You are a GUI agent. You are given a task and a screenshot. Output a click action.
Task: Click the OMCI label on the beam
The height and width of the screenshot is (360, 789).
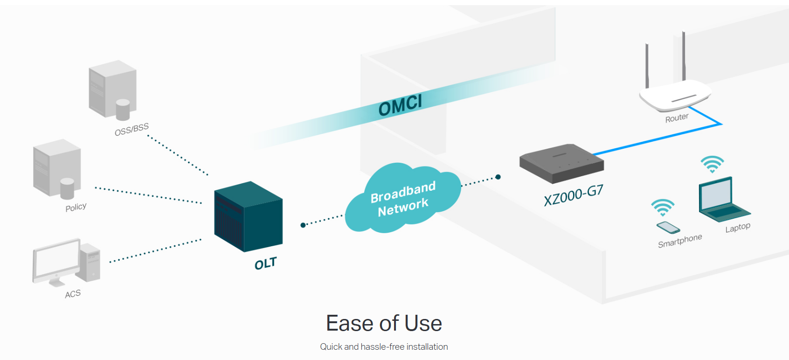[x=400, y=105]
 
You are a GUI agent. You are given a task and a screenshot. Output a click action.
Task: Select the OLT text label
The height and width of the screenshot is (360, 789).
[x=265, y=264]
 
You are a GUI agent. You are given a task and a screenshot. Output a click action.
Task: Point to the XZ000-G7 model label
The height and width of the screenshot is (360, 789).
[x=573, y=195]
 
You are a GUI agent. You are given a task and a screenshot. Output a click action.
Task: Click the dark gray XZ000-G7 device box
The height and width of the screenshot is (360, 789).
[x=561, y=163]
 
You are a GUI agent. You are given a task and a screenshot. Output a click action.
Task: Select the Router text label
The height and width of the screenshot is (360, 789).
[x=677, y=118]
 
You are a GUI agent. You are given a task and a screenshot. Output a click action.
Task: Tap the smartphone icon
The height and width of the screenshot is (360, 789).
[x=668, y=228]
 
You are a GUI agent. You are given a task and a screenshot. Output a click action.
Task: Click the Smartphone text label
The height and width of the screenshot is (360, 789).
[x=679, y=241]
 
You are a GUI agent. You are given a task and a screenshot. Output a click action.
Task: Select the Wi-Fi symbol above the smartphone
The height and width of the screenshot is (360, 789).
[x=663, y=207]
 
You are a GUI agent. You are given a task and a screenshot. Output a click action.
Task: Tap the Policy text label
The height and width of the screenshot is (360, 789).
[x=76, y=207]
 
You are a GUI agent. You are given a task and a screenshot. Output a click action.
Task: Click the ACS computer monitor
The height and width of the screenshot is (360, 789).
[x=56, y=260]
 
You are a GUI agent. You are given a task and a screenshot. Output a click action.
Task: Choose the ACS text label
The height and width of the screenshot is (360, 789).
[x=73, y=294]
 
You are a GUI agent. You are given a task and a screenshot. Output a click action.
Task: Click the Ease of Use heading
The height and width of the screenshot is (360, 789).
[x=384, y=323]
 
